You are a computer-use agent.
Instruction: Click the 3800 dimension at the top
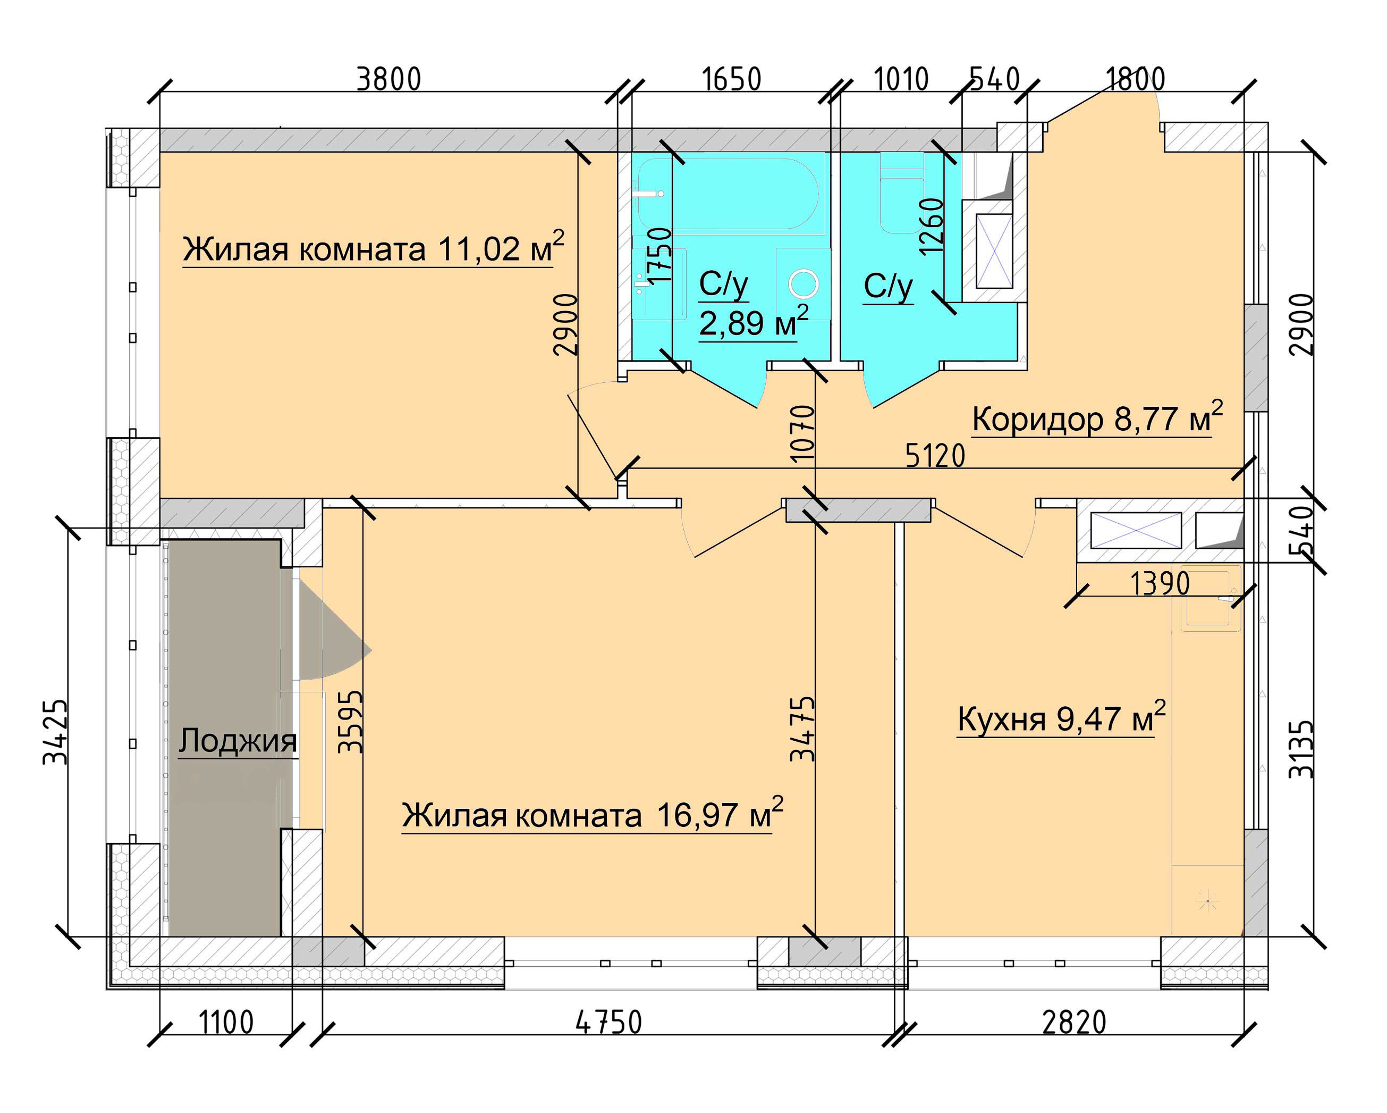tap(388, 79)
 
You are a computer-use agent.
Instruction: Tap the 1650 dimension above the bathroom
tap(731, 79)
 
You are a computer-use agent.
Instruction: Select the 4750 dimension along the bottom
tap(608, 1022)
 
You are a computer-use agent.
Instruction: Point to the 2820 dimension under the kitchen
tap(1073, 1022)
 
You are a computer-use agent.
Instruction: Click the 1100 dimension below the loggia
tap(226, 1022)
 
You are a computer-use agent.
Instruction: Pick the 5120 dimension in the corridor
tap(935, 456)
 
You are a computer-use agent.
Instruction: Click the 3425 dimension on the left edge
tap(55, 732)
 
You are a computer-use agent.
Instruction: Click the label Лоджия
tap(238, 740)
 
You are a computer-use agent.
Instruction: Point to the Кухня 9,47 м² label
tap(1061, 718)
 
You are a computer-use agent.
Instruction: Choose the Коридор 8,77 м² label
tap(1097, 419)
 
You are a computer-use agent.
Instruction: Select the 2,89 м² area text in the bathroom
tap(752, 322)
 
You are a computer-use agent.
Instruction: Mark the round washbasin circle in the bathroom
tap(803, 284)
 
